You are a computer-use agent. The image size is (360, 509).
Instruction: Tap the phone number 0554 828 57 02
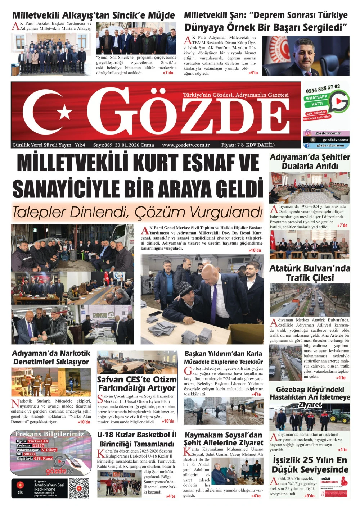pyautogui.click(x=323, y=88)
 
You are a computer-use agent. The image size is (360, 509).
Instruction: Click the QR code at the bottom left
pyautogui.click(x=79, y=488)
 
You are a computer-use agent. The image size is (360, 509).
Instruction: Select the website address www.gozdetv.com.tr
pyautogui.click(x=186, y=145)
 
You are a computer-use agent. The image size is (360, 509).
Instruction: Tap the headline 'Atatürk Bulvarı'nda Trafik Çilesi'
pyautogui.click(x=310, y=273)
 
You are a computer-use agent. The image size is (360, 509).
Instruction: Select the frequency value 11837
pyautogui.click(x=38, y=445)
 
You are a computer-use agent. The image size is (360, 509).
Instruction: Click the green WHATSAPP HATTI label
pyautogui.click(x=316, y=100)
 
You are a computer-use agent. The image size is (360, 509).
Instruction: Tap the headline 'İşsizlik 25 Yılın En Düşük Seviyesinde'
pyautogui.click(x=310, y=465)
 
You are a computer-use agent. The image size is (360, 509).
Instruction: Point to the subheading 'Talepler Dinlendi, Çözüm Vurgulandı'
pyautogui.click(x=137, y=212)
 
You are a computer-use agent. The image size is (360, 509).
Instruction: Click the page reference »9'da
pyautogui.click(x=309, y=496)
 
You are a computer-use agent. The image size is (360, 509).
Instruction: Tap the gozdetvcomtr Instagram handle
pyautogui.click(x=328, y=133)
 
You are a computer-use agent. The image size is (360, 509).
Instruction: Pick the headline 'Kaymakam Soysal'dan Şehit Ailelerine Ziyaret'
pyautogui.click(x=223, y=439)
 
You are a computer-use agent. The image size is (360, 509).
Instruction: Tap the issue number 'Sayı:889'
pyautogui.click(x=103, y=145)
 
